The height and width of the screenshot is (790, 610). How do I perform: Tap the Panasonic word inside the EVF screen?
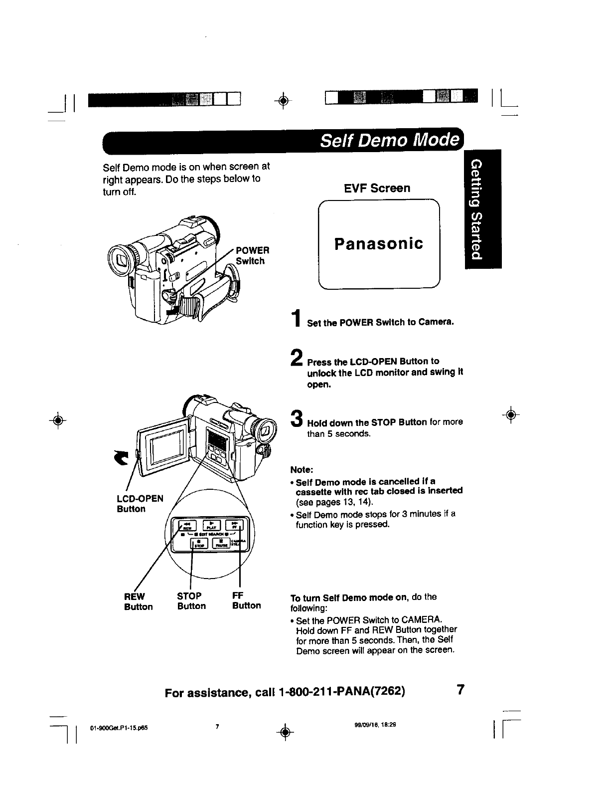point(379,244)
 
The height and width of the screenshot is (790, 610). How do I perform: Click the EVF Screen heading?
point(377,188)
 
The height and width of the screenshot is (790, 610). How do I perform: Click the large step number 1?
point(297,319)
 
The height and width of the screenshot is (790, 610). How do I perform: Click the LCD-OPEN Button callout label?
point(140,504)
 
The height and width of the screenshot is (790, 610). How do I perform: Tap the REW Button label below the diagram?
point(138,601)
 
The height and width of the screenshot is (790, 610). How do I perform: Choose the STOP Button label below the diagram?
point(191,601)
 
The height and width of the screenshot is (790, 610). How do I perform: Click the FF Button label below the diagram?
point(246,600)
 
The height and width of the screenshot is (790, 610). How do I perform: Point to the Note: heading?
point(302,470)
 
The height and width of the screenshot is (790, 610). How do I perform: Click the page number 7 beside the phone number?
point(460,690)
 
